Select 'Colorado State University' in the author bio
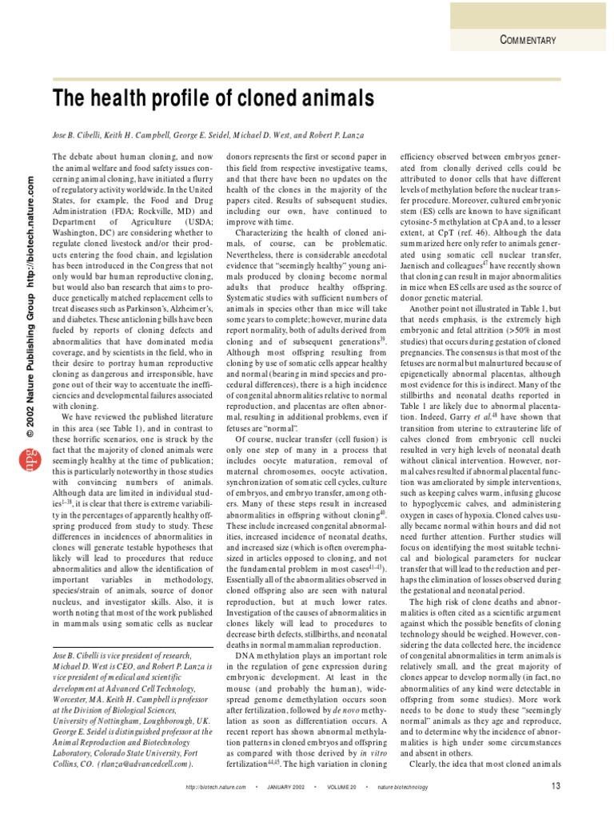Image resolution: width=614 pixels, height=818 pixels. [147, 751]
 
